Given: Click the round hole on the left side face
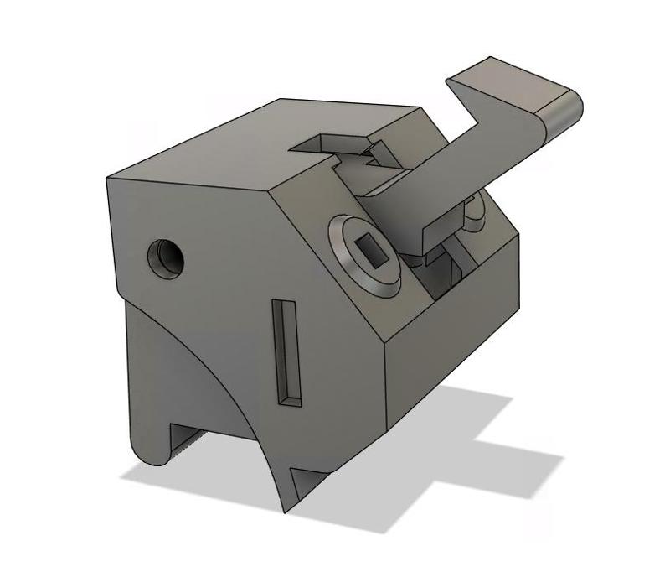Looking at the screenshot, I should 165,258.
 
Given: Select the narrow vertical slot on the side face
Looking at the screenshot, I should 287,352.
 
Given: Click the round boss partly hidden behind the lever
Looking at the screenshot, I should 476,210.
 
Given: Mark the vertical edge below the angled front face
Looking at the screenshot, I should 384,386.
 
